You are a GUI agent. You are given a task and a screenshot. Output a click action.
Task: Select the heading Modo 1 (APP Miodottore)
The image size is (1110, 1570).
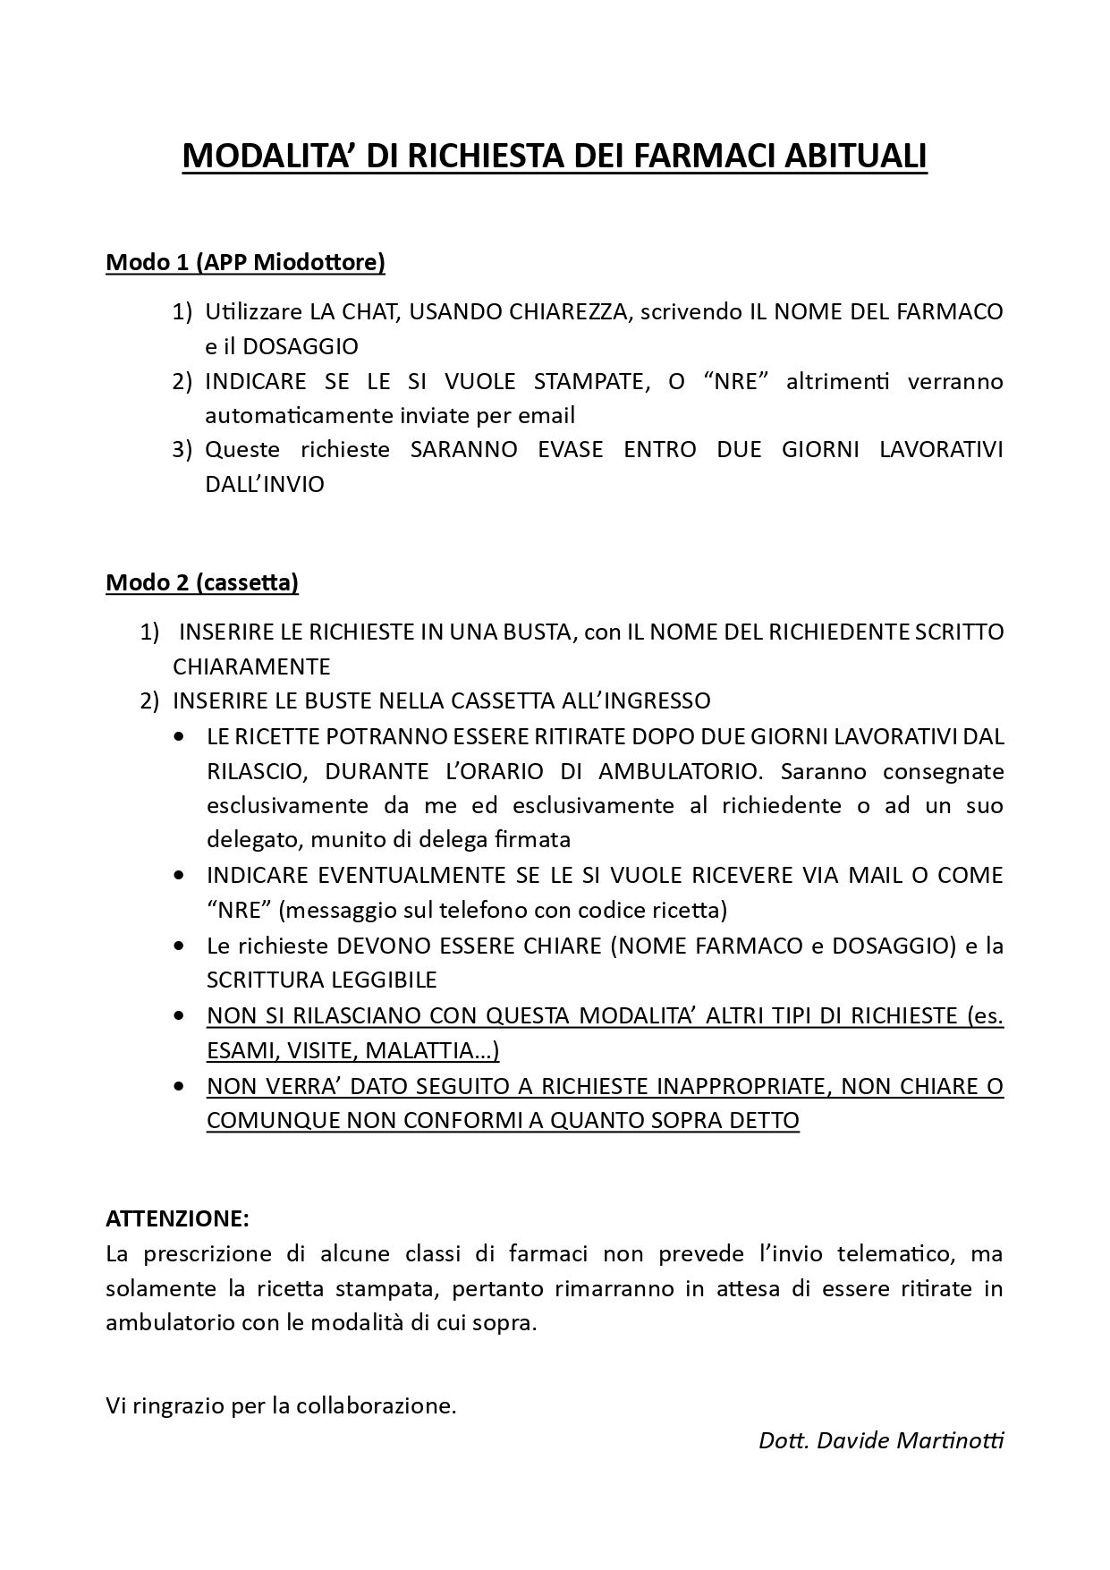[245, 262]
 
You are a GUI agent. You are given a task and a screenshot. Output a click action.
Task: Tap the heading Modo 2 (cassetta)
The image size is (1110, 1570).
[202, 582]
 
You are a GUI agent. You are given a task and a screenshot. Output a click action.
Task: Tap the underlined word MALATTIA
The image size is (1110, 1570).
[432, 1050]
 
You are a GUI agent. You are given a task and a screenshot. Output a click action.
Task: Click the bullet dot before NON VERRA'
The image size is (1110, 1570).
[181, 1086]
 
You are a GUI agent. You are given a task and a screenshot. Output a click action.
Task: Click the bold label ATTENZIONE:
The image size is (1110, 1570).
[177, 1218]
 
